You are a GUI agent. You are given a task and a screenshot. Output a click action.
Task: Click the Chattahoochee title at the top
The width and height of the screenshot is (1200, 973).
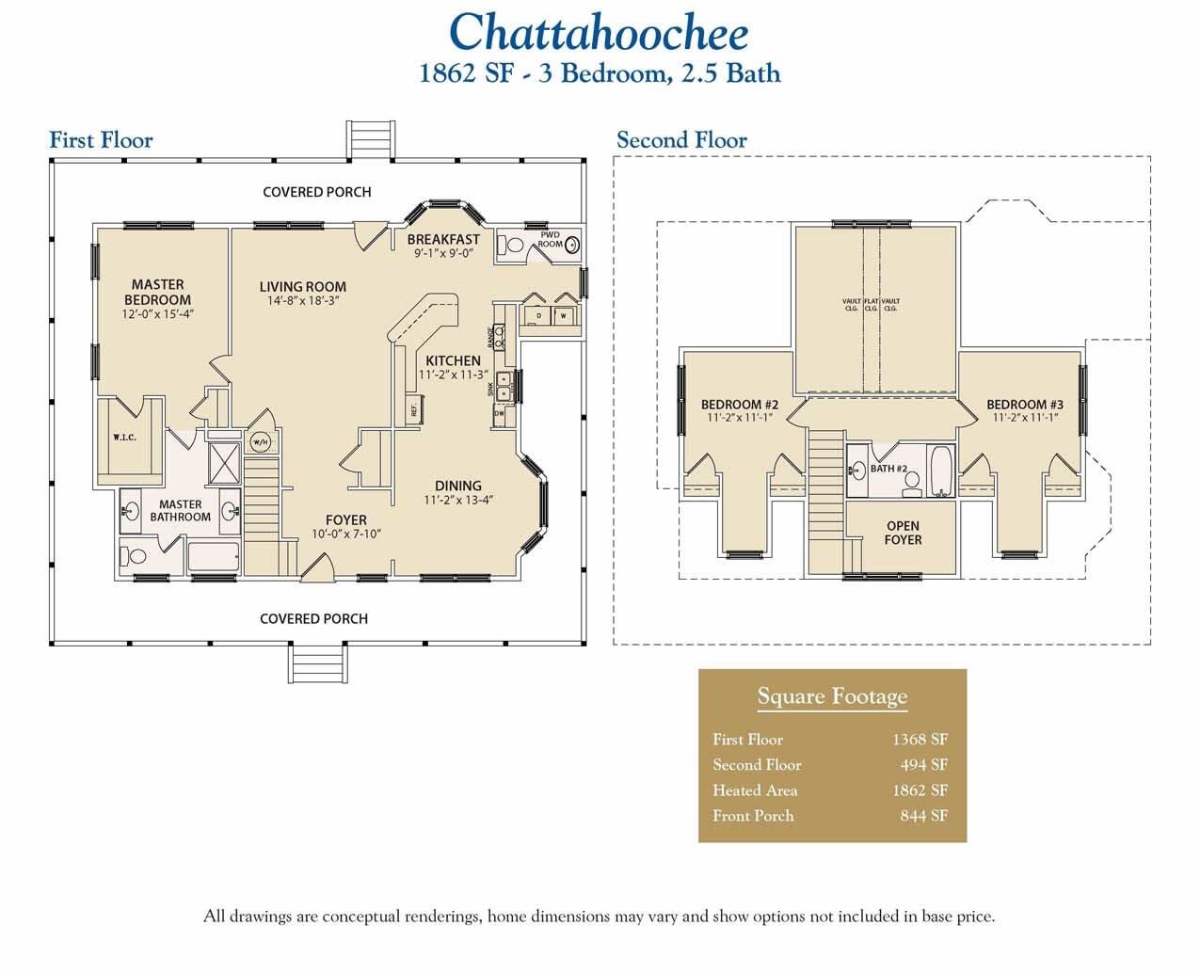pos(599,32)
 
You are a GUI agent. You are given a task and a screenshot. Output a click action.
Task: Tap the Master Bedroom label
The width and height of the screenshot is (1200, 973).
pos(158,292)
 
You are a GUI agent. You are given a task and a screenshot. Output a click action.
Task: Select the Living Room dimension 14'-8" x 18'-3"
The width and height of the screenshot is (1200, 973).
pos(302,301)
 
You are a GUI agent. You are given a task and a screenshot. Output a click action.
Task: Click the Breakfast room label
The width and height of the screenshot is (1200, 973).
pos(443,240)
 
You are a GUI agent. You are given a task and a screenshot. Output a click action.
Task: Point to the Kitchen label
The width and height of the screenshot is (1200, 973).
pos(453,360)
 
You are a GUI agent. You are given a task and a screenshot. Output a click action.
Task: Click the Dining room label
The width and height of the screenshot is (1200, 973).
pos(458,486)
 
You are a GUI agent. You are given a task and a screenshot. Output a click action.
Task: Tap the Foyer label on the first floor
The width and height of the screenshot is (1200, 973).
pos(345,519)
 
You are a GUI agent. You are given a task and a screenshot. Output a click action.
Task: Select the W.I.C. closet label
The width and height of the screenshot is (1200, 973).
pos(125,437)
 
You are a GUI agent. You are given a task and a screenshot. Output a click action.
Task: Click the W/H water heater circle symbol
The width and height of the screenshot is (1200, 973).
pos(261,443)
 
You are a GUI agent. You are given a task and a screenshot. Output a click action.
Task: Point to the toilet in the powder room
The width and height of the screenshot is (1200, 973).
pos(513,245)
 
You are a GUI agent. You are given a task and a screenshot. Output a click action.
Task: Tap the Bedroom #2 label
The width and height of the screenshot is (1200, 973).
pos(739,405)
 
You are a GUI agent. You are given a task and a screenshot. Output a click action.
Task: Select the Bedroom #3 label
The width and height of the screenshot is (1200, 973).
pos(1025,405)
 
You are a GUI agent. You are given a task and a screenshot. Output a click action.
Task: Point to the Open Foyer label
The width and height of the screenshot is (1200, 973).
pos(903,533)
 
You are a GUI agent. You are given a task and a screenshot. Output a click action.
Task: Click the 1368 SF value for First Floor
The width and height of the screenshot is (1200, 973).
pos(920,740)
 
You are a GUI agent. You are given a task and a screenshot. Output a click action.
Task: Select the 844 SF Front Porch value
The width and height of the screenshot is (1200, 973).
pos(923,816)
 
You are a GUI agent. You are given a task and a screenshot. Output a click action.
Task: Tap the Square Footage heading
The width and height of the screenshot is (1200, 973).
pos(832,696)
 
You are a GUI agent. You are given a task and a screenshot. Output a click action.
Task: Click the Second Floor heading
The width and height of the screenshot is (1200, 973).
pos(681,140)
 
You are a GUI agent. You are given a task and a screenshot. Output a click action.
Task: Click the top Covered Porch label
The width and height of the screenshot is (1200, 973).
pos(316,192)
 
